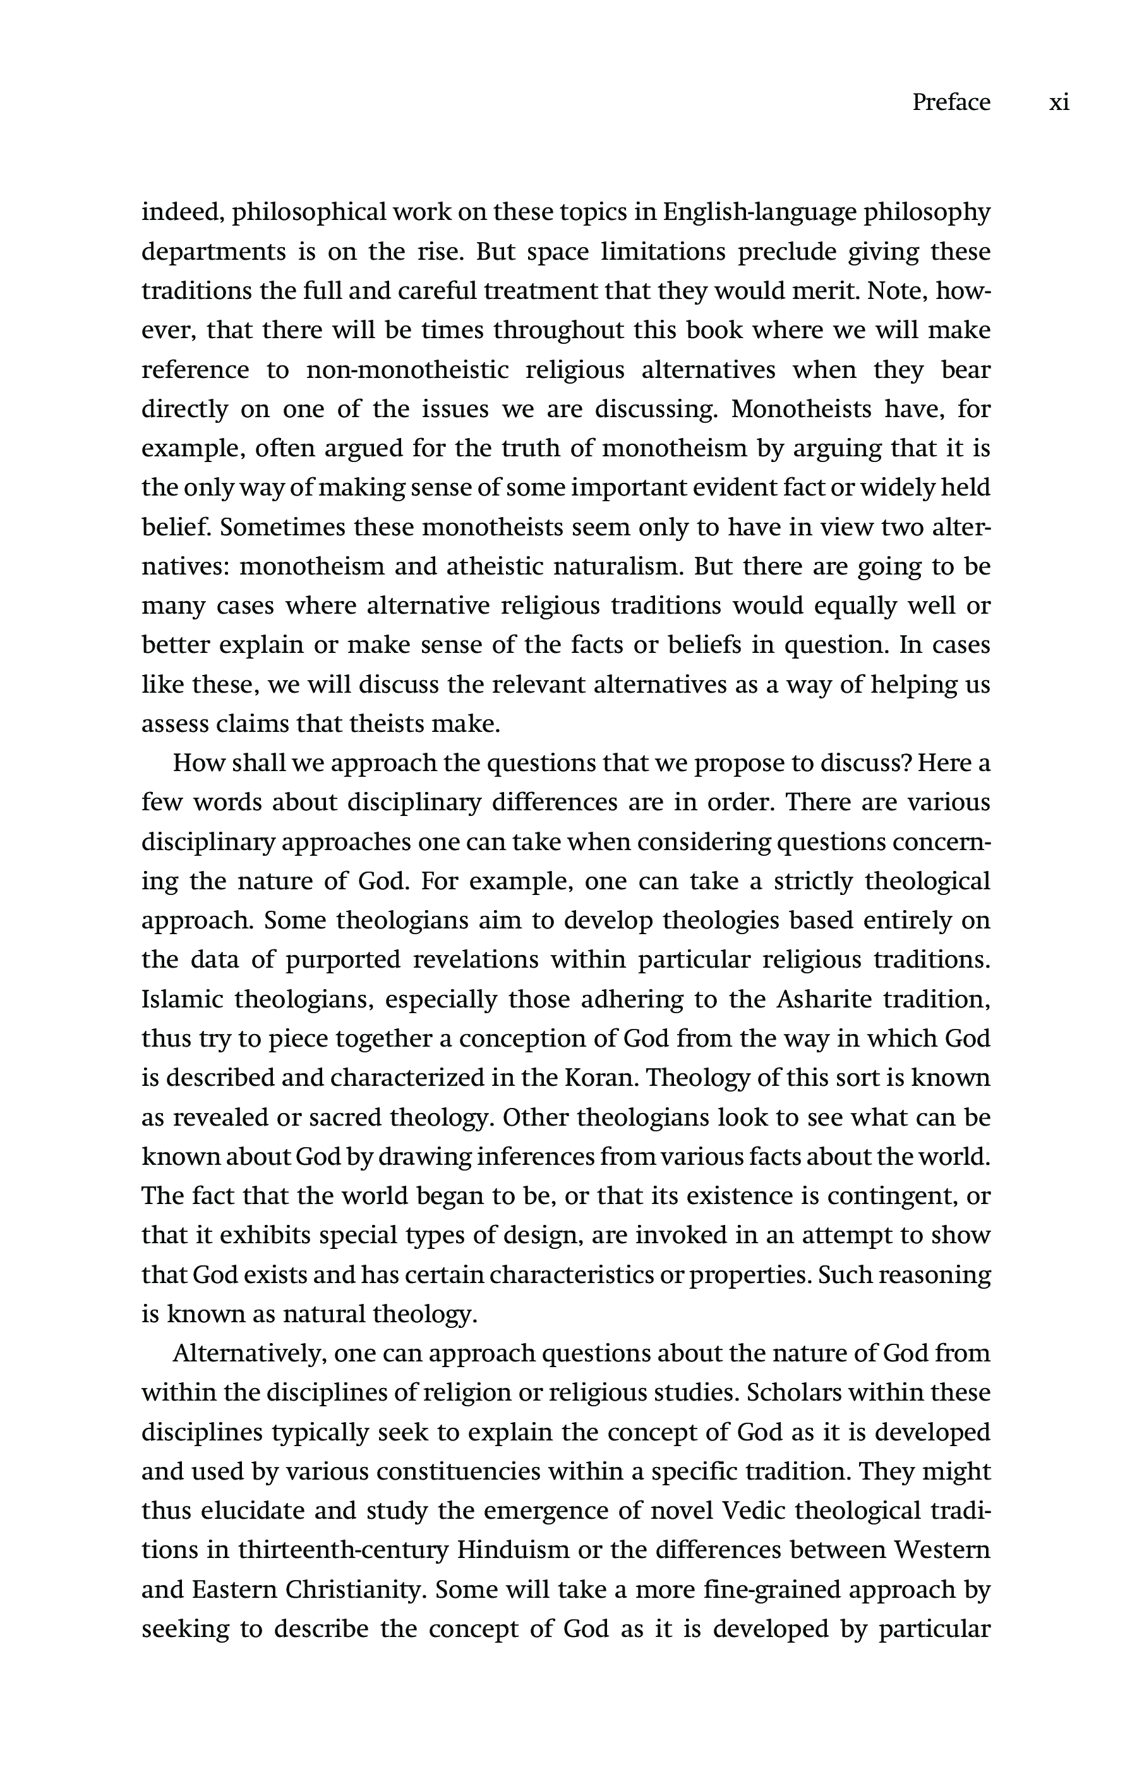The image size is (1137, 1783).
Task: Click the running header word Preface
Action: [951, 102]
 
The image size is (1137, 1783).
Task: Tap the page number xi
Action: [1059, 102]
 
